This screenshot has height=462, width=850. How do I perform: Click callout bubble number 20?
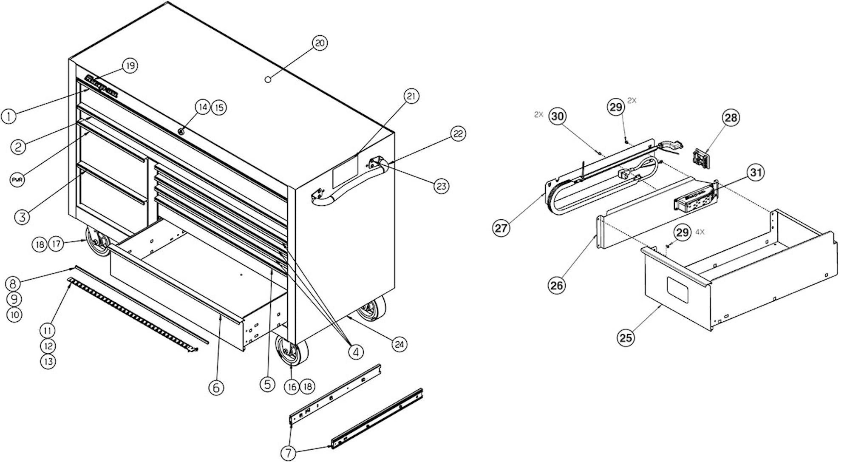(x=320, y=43)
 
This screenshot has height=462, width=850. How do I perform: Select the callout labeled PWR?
(x=17, y=179)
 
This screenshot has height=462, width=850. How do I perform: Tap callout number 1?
(x=8, y=116)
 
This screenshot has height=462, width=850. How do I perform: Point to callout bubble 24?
(x=399, y=344)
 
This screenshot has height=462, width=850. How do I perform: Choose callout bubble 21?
(x=411, y=96)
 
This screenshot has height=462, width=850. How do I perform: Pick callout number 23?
(x=442, y=186)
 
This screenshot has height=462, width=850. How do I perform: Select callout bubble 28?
(x=731, y=118)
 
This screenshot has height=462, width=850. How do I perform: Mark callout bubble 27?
(x=501, y=228)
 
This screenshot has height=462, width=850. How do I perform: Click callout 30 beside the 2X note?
(x=558, y=116)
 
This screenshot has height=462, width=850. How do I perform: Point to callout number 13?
(x=48, y=361)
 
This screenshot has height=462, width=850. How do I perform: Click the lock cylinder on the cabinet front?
(x=181, y=131)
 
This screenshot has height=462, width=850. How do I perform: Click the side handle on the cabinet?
(x=353, y=187)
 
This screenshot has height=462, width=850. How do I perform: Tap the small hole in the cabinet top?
(x=268, y=79)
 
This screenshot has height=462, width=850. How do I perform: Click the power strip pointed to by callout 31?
(x=696, y=198)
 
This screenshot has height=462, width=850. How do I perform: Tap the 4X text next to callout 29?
(x=700, y=232)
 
